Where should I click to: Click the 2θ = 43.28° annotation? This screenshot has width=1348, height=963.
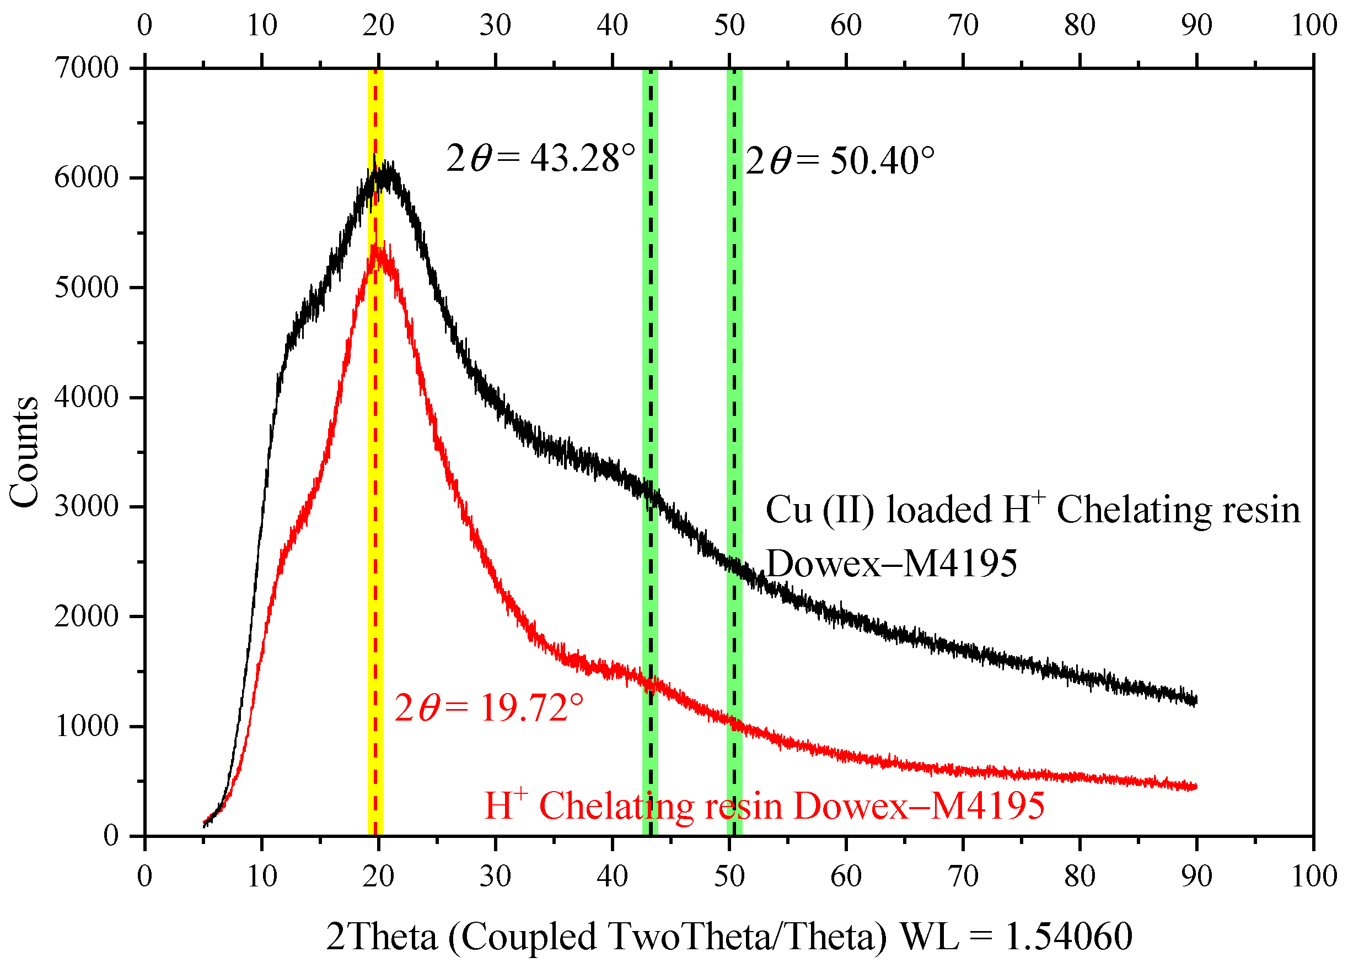(540, 159)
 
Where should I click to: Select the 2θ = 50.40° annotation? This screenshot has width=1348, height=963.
(840, 161)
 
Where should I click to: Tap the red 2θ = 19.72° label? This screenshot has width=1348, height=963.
(489, 708)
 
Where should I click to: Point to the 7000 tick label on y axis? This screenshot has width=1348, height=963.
(87, 68)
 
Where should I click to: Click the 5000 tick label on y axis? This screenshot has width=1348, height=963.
(87, 288)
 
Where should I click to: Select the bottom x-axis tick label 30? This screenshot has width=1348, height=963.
(495, 876)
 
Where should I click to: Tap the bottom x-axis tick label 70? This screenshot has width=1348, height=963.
(963, 876)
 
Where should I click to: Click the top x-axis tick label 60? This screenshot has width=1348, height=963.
(846, 25)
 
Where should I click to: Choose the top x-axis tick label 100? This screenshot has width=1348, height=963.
(1314, 25)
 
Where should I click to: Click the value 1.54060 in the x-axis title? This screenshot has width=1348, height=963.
(1068, 937)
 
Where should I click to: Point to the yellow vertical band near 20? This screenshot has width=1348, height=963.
(375, 474)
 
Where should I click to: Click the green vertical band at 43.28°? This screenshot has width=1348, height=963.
(650, 356)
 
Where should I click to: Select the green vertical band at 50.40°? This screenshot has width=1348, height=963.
(734, 356)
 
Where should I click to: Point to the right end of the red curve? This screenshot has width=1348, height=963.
(1195, 787)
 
